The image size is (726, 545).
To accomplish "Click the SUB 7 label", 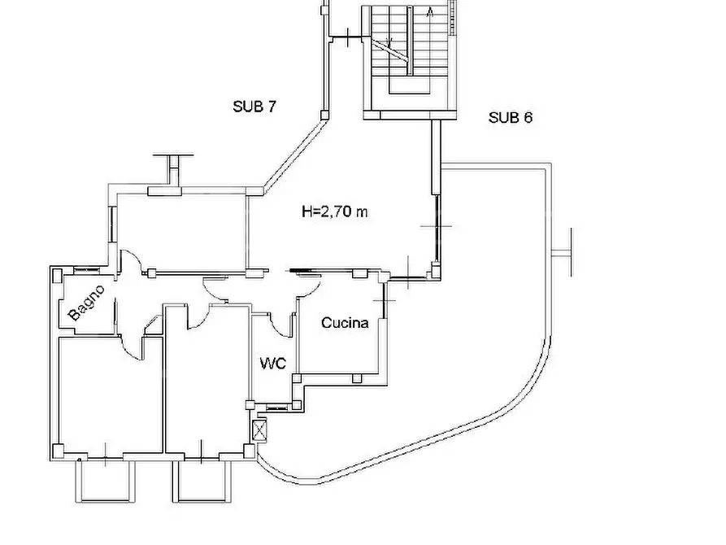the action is coord(254,107).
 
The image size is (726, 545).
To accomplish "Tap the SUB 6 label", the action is coord(511,118).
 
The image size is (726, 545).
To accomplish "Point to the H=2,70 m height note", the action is coord(335,211).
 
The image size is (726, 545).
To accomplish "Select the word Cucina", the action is coord(345,323).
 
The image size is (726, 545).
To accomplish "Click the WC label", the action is coord(272,364).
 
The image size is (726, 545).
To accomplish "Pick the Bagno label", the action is coord(86,303).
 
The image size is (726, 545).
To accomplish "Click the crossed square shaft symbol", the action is coord(260,431).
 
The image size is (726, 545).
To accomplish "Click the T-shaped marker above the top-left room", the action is coord(173,168).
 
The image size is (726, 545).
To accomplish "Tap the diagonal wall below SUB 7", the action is coord(293,155).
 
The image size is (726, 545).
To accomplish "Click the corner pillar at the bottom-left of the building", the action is coord(58,451).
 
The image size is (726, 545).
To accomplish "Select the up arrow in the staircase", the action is coord(430,12).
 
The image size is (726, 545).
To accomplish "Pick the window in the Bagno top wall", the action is coord(86,268).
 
